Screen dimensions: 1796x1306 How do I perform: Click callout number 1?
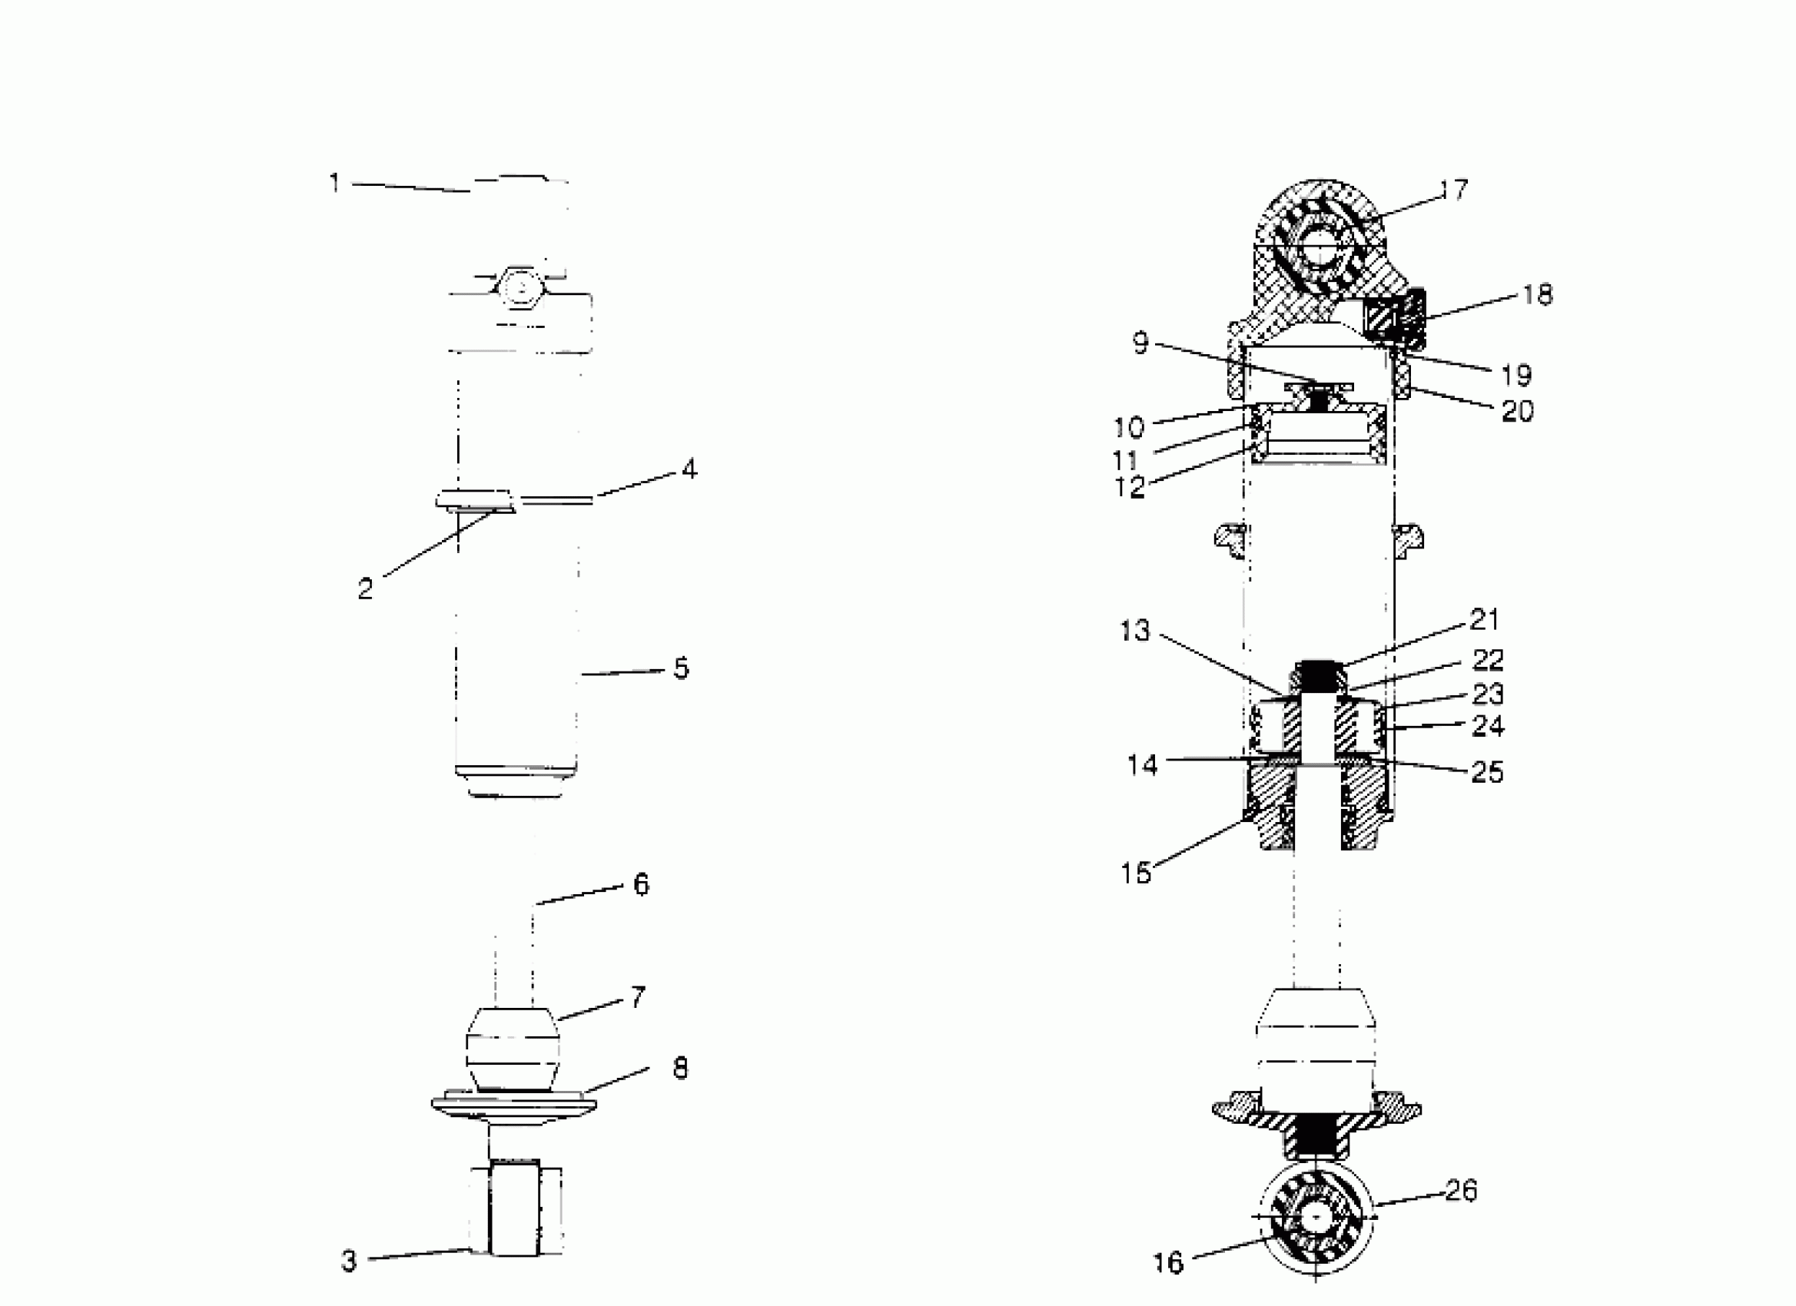334,184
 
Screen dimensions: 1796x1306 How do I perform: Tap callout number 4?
689,469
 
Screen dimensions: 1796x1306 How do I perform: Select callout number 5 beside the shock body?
681,669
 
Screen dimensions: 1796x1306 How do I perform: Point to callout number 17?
1453,190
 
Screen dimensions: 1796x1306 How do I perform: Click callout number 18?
1537,295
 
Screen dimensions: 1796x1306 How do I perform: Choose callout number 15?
1136,873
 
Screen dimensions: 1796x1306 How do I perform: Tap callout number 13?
1134,631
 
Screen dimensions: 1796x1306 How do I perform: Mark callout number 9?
1140,343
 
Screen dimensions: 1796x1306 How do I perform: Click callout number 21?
1485,620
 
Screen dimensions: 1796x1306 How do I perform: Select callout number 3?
348,1261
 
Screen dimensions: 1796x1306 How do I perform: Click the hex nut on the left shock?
519,291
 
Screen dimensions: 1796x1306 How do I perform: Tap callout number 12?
1129,488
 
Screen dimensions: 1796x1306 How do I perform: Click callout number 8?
680,1069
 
